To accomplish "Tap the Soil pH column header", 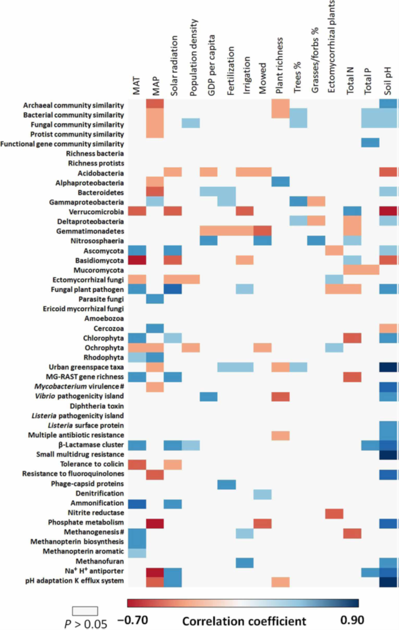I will [x=389, y=79].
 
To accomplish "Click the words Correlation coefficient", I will [x=244, y=621].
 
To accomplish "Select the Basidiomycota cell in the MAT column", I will [x=137, y=260].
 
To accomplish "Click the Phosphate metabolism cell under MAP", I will [x=155, y=522].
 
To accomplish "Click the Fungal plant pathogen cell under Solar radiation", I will [x=174, y=289].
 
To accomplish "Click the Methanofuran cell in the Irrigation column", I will [x=245, y=560].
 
